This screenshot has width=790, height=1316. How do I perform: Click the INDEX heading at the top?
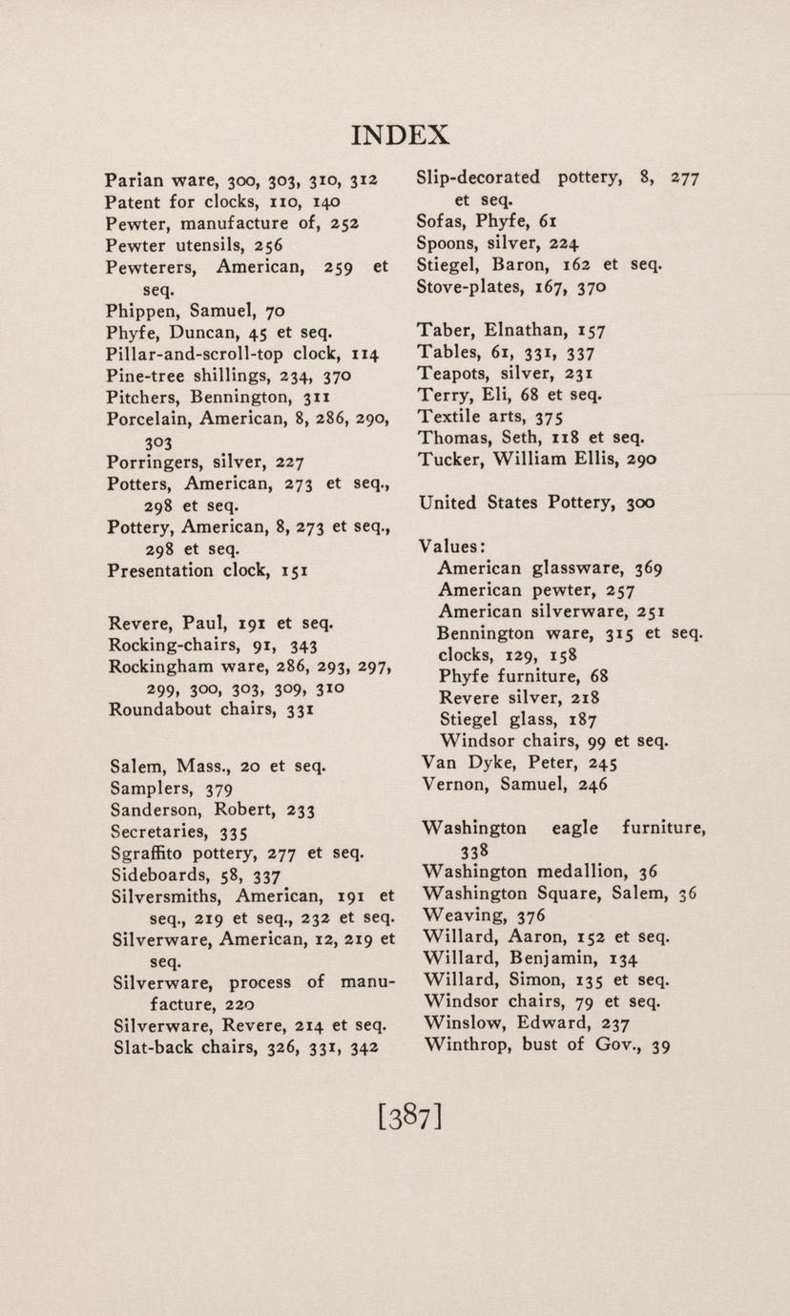click(x=401, y=134)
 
